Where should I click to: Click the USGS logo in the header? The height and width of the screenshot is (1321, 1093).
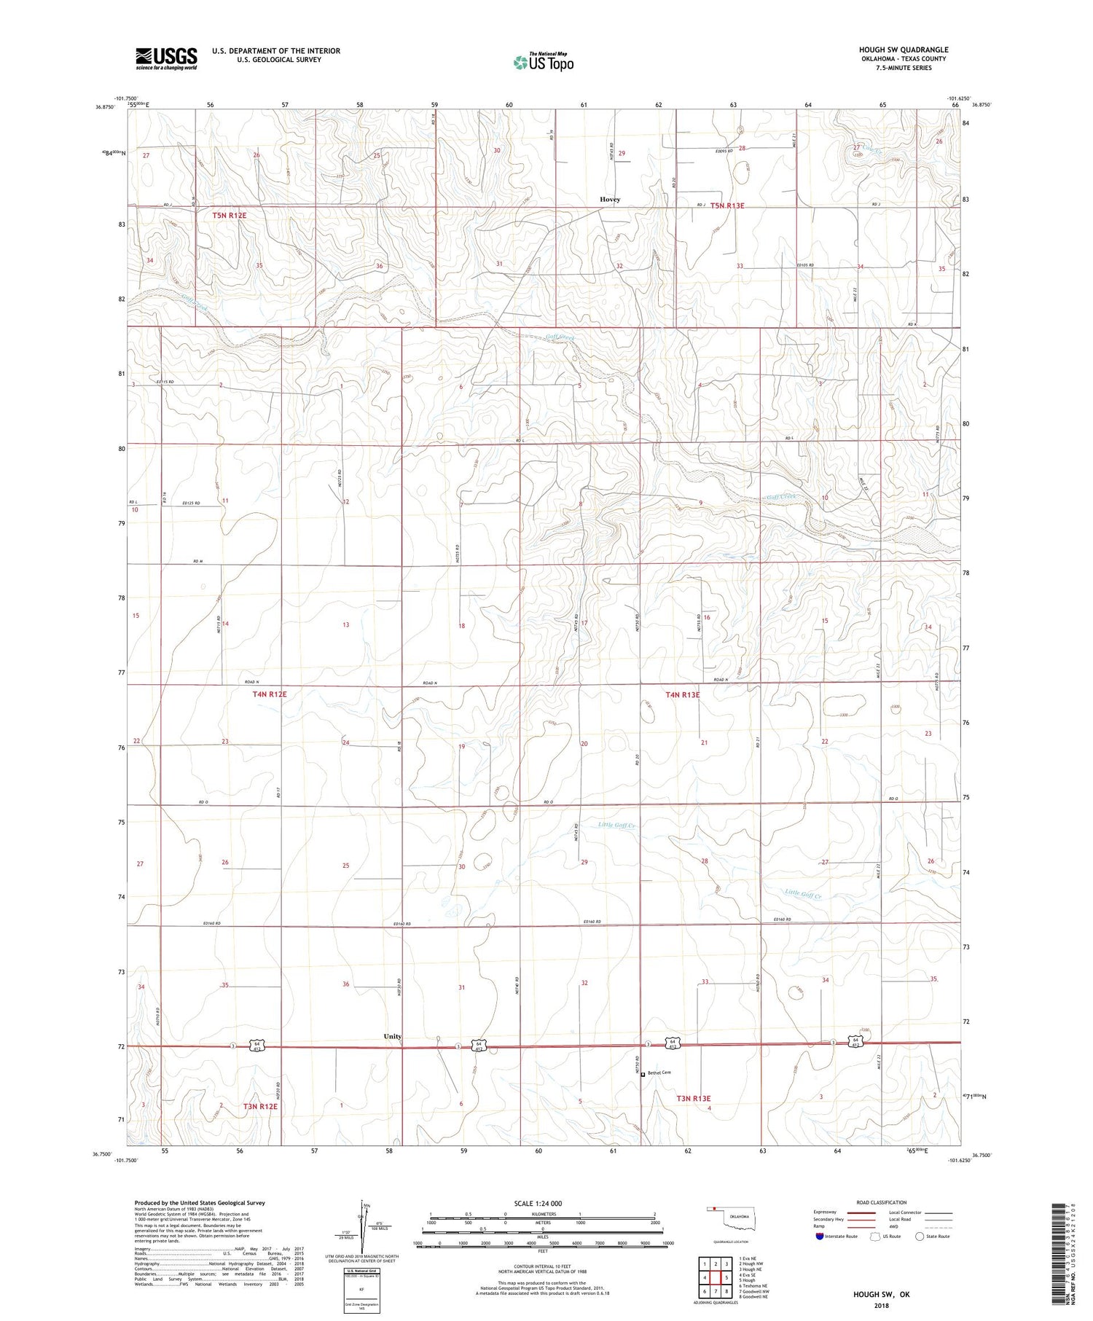(x=166, y=58)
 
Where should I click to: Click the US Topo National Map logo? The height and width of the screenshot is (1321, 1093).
(x=544, y=63)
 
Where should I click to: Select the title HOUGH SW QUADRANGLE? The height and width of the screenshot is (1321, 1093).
(x=904, y=50)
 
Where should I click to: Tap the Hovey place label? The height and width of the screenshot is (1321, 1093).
(x=610, y=200)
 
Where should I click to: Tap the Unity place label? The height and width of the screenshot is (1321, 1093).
(x=393, y=1035)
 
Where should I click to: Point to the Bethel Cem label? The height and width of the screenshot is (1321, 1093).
(x=660, y=1072)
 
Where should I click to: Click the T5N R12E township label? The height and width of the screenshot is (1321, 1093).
(x=230, y=216)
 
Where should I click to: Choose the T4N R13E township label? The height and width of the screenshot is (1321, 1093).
(x=682, y=695)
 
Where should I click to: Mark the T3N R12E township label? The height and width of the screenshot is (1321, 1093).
(x=260, y=1106)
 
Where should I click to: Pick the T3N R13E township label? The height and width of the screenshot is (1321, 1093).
(x=692, y=1098)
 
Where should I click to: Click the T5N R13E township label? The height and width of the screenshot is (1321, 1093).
(x=727, y=205)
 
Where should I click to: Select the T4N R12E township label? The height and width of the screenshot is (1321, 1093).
(x=270, y=694)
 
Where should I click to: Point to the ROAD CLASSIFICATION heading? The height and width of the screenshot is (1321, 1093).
(x=882, y=1202)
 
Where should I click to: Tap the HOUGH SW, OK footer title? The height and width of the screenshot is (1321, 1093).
(x=881, y=1294)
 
